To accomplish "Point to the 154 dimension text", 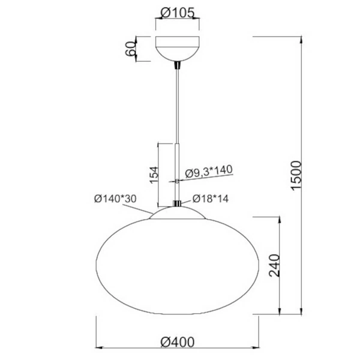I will [153, 175].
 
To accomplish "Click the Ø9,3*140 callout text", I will [208, 172].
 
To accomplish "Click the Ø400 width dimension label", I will [178, 341].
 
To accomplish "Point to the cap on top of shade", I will [178, 212].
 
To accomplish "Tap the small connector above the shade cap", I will [178, 204].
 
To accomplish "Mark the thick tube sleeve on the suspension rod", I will [178, 171].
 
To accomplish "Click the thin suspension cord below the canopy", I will [178, 102].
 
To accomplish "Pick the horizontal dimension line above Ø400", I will [178, 347].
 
